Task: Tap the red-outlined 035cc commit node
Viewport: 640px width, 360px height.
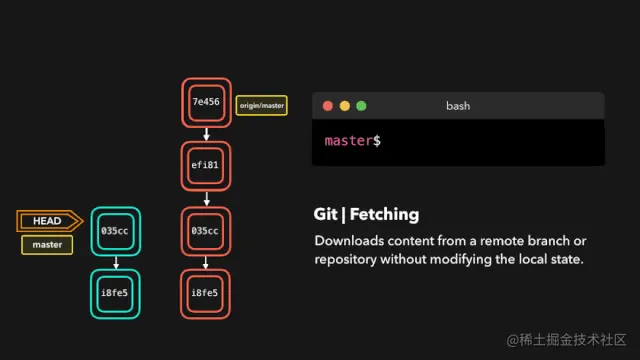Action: click(x=205, y=230)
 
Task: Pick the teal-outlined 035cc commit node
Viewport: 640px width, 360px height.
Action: click(x=116, y=231)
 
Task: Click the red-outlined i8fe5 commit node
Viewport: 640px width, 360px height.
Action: click(x=205, y=292)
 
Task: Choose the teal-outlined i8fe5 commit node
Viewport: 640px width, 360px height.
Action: click(x=116, y=292)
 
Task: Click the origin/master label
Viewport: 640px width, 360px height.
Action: click(x=262, y=105)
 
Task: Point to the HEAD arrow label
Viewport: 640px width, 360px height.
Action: click(x=48, y=221)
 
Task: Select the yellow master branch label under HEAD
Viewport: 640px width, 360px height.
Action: click(x=47, y=245)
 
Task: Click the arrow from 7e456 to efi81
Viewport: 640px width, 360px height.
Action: click(x=205, y=135)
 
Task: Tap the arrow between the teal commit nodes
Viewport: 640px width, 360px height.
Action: click(x=116, y=262)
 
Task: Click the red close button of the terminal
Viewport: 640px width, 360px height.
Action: click(x=327, y=105)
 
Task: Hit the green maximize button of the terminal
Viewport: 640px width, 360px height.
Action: click(x=361, y=105)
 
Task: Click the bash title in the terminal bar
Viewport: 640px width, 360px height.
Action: click(x=458, y=105)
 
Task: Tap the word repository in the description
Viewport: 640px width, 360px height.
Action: click(x=347, y=259)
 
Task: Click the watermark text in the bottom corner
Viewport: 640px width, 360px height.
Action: click(x=566, y=340)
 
